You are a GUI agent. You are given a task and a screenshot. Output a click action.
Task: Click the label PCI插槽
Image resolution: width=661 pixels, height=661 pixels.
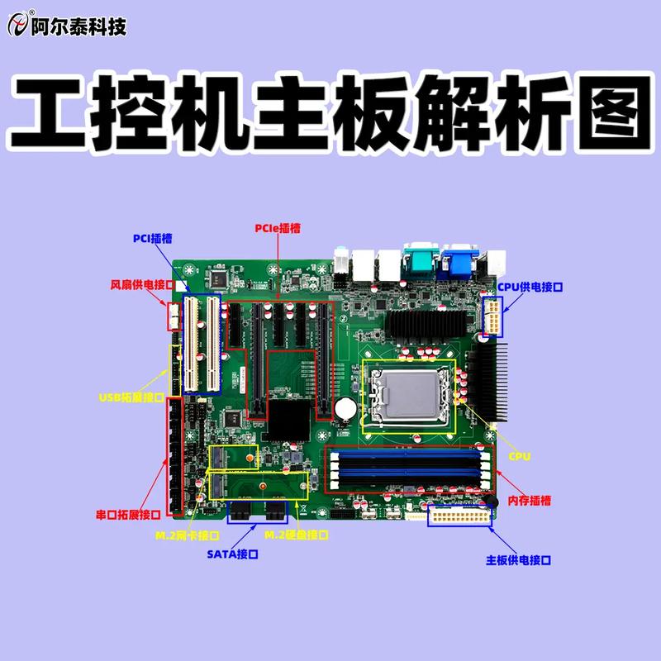tap(153, 239)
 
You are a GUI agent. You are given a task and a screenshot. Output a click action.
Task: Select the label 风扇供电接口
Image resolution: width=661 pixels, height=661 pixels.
tap(142, 284)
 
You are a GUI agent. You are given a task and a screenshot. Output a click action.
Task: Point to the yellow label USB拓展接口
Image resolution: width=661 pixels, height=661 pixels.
tap(131, 397)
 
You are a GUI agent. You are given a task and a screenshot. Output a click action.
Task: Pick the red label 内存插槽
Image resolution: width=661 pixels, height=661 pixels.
tap(530, 501)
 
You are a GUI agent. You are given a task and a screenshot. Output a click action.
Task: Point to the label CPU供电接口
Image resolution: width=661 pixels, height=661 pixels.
tap(530, 287)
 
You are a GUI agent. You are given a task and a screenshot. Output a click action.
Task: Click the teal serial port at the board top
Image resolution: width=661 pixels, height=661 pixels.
tap(419, 261)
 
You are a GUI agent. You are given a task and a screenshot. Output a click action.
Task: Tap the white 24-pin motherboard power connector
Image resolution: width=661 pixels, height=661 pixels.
tap(459, 517)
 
